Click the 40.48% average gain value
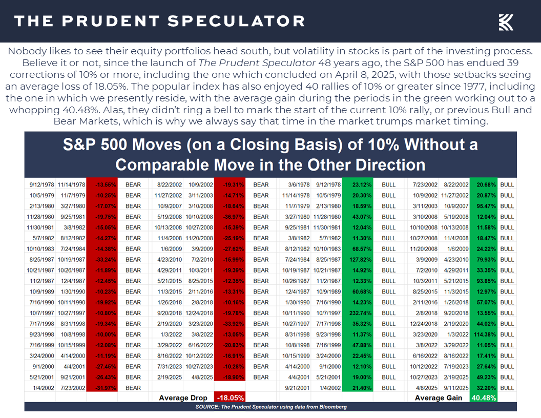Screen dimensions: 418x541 click(483, 398)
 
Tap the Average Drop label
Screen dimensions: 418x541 click(183, 398)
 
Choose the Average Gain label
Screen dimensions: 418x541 click(438, 398)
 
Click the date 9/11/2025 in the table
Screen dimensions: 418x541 click(454, 387)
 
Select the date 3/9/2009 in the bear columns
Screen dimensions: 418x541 click(198, 248)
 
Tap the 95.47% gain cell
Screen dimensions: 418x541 click(483, 206)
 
